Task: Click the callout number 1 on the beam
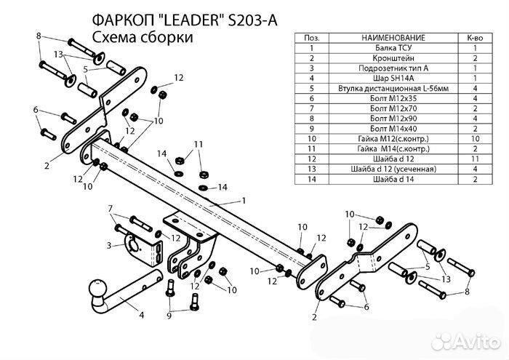[x=244, y=200]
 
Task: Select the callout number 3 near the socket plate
[x=109, y=246]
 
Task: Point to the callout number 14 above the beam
[x=161, y=153]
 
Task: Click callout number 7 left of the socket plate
[x=111, y=209]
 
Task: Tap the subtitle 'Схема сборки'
[x=143, y=38]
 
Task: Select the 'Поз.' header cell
[x=310, y=36]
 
